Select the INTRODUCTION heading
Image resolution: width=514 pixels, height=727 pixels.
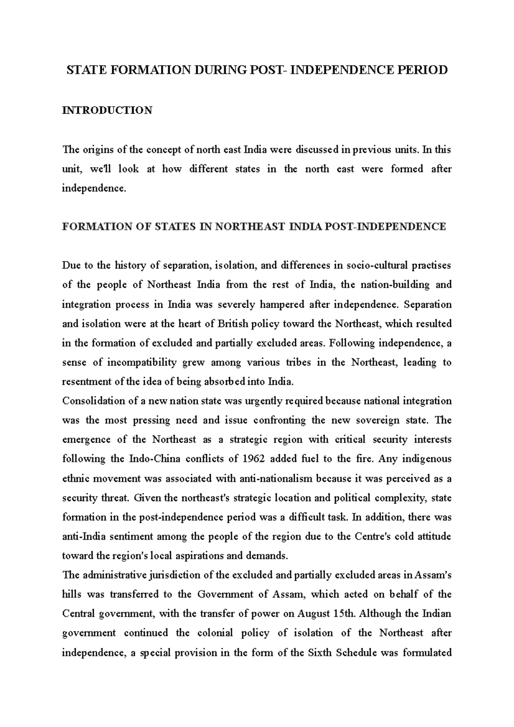[107, 110]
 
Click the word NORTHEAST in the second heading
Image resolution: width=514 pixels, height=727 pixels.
[250, 226]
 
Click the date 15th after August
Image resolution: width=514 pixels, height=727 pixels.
[344, 614]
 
